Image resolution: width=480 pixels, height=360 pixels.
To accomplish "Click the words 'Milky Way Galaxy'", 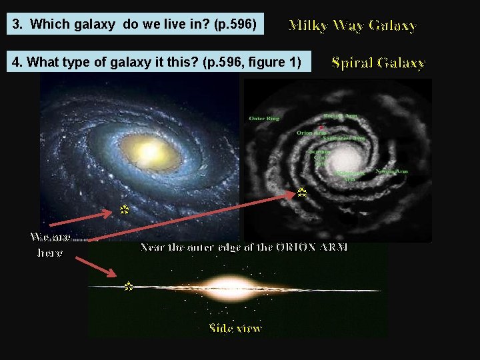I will coord(352,26).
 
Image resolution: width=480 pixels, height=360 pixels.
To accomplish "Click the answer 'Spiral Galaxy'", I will coord(378,63).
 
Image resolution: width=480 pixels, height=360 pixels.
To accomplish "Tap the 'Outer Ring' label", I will coord(263,119).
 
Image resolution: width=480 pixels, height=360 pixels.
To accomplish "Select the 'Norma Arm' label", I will coord(391,171).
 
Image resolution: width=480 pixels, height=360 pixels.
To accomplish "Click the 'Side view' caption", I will coord(235,328).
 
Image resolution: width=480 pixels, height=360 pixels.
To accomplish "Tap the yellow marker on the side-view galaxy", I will coord(128,286).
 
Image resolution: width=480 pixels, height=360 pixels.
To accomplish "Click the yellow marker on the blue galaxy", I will coord(123,209).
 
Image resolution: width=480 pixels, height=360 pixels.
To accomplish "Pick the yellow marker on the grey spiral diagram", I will coord(301,193).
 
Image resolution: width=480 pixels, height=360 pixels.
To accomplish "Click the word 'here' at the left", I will coord(49,253).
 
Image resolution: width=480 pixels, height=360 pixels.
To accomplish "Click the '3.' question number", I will coord(19,25).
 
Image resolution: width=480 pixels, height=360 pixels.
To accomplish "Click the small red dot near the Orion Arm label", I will coord(321,127).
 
